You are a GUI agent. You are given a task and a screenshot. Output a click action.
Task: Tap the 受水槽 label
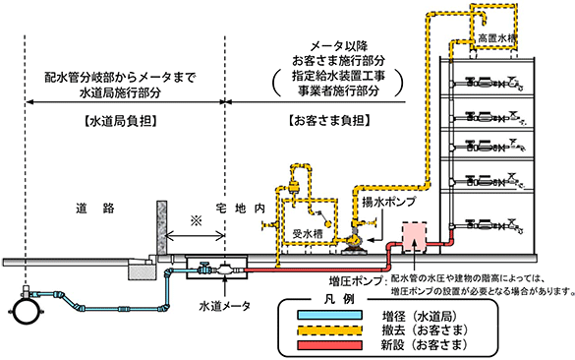coord(310,235)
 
